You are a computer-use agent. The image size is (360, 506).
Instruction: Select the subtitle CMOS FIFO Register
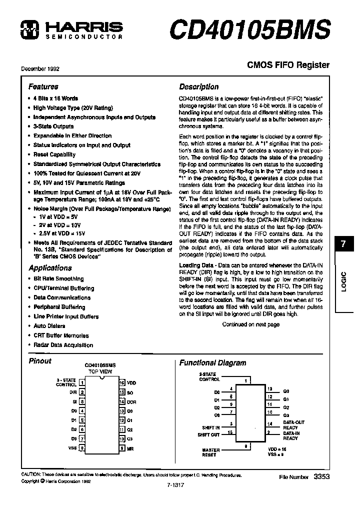tap(288, 65)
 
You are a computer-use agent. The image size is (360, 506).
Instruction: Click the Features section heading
tap(43, 86)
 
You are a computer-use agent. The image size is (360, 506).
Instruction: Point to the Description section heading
tap(198, 86)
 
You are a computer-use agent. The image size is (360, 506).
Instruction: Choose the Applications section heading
tap(50, 268)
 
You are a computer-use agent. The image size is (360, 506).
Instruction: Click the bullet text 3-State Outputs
tap(53, 126)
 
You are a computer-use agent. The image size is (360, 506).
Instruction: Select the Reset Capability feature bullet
tap(54, 154)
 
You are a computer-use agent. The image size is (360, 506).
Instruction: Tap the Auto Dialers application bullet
tap(49, 326)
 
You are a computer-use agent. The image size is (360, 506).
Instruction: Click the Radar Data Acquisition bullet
tap(63, 345)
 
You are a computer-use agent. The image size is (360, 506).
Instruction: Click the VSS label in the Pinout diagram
tap(72, 448)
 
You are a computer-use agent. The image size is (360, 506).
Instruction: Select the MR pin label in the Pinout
tap(130, 448)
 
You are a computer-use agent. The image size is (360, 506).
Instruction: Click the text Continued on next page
tap(250, 324)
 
